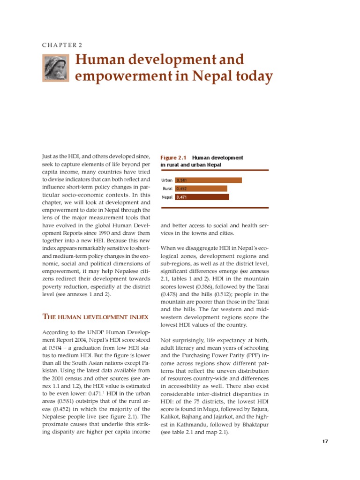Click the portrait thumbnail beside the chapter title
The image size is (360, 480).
pos(55,68)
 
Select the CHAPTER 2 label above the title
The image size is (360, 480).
pos(62,45)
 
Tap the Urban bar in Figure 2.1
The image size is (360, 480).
pos(208,180)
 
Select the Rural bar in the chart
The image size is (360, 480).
pos(201,188)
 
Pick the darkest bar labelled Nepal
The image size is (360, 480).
pos(202,197)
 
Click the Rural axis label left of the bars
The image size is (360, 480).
pos(168,189)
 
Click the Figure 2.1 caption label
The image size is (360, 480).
pos(173,158)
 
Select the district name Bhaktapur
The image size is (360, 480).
pos(252,424)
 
